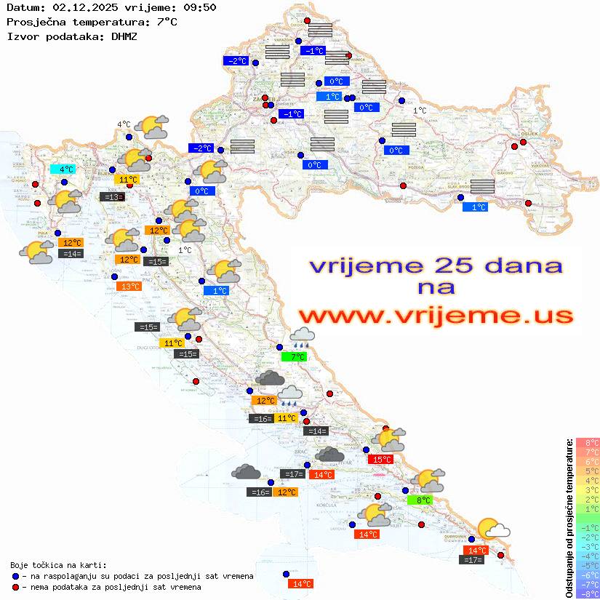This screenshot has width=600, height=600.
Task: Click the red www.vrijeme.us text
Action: point(436,316)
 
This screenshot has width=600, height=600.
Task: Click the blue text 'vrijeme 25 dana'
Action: point(436,265)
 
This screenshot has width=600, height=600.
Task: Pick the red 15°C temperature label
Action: point(381,459)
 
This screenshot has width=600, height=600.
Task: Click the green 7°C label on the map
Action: point(294,356)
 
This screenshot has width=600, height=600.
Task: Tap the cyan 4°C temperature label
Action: point(63,169)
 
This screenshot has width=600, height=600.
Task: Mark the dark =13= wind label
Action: point(111,196)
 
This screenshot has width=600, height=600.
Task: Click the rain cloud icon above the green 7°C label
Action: point(302,337)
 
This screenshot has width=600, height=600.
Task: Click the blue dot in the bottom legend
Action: point(15,576)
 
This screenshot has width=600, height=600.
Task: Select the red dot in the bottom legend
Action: point(15,587)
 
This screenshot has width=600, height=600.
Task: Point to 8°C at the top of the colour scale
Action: point(588,442)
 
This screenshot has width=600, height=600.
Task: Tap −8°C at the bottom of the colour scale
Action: point(588,593)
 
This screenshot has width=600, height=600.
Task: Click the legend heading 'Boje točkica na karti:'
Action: point(58,564)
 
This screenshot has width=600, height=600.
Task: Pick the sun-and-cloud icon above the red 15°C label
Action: point(388,439)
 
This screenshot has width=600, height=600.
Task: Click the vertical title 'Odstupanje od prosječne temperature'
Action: point(569,517)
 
